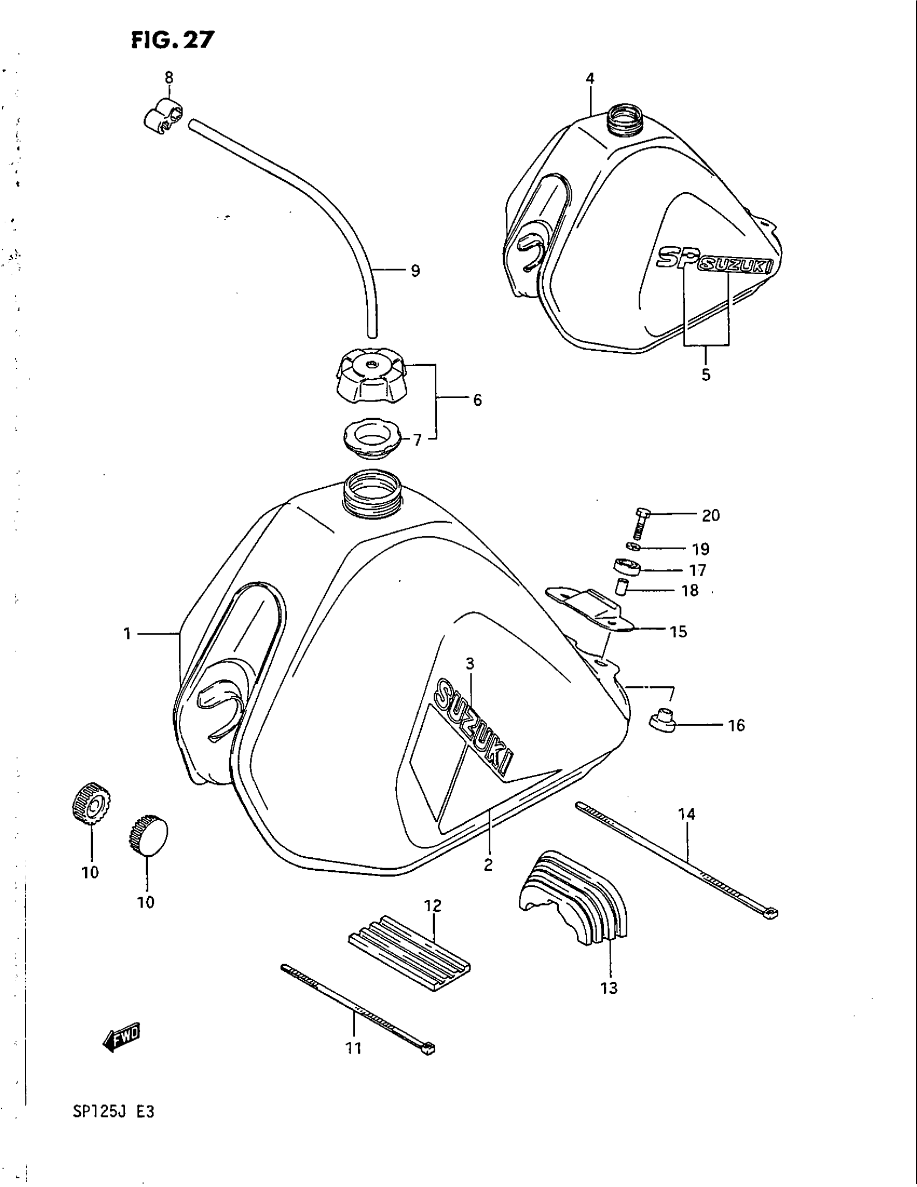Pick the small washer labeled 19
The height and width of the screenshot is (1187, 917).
pyautogui.click(x=631, y=545)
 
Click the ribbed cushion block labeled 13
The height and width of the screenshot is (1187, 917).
pyautogui.click(x=572, y=894)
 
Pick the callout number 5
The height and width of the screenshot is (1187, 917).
pyautogui.click(x=706, y=374)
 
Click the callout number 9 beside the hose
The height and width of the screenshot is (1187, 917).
pyautogui.click(x=415, y=271)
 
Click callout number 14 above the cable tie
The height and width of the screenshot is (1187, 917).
pyautogui.click(x=687, y=829)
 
